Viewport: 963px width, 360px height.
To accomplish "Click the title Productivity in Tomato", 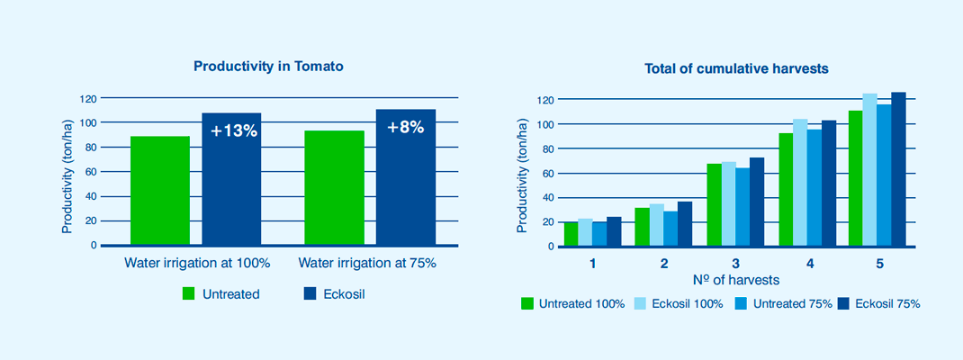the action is tap(268, 67).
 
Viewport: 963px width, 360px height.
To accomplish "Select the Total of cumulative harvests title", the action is tap(736, 68).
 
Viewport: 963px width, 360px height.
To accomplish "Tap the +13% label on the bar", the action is tap(233, 130).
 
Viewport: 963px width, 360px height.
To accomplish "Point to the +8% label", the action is tap(405, 128).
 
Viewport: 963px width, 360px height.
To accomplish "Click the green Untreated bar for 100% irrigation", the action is tap(159, 191).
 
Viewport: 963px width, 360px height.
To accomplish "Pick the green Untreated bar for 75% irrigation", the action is tap(334, 188).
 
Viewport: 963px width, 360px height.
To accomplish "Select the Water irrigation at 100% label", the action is tap(197, 264).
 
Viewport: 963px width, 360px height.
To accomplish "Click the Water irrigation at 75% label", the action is tap(367, 264).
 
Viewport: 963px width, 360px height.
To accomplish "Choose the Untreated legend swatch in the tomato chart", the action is tap(188, 293).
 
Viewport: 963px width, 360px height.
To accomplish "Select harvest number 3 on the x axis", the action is tap(735, 265).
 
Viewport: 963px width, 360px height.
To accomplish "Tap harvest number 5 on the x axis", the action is tap(880, 265).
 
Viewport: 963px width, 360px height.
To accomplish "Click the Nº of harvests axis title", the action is tap(736, 280).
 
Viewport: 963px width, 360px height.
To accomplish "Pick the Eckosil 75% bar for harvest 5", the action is tap(898, 169).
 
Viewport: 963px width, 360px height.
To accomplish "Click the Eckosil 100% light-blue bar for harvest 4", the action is tap(800, 183).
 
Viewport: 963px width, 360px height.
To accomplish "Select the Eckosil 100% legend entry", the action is tap(679, 303).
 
